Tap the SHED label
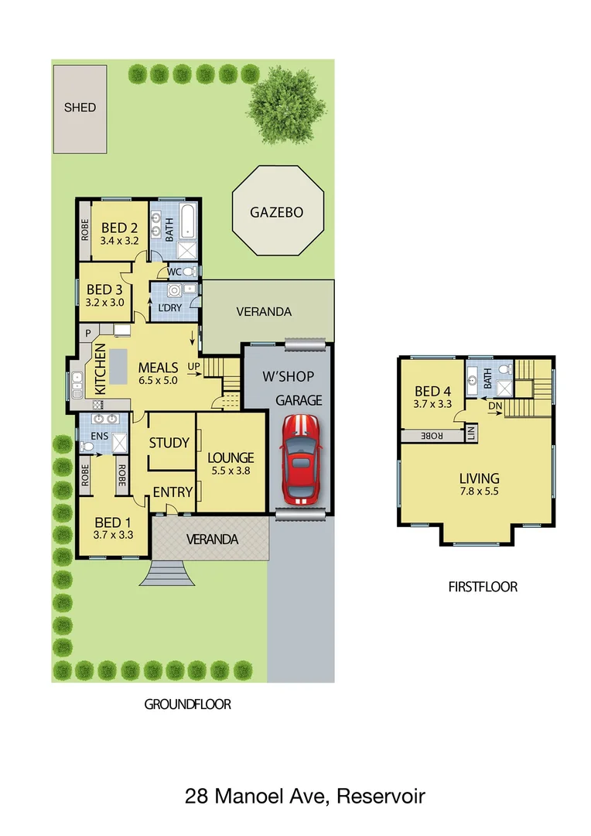tap(80, 107)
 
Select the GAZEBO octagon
tap(276, 212)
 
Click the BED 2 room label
tap(119, 228)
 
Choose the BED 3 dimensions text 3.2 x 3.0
tap(105, 303)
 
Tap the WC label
tap(174, 272)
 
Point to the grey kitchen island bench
tap(118, 367)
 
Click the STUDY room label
tap(169, 443)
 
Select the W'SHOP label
tap(288, 377)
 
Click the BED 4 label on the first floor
tap(432, 391)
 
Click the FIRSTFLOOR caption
tap(483, 587)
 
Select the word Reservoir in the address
tap(380, 795)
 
